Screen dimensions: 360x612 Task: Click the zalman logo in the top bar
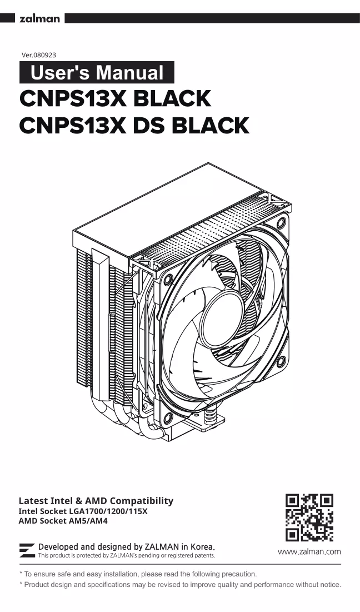click(x=40, y=18)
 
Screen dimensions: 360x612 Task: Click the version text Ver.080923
click(x=39, y=55)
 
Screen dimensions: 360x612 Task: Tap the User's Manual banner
click(x=97, y=73)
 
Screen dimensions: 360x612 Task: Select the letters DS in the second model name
click(x=148, y=125)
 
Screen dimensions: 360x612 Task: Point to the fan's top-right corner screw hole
click(x=281, y=223)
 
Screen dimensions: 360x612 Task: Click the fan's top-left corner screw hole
click(x=168, y=280)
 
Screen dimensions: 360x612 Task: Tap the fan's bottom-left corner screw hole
click(x=168, y=418)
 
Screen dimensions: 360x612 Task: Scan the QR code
click(x=309, y=518)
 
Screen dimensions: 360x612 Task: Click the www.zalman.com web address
click(x=309, y=551)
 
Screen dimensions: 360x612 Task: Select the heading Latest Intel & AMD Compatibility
click(x=96, y=501)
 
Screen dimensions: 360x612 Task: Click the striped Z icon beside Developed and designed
click(x=27, y=550)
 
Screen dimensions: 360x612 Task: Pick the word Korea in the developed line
click(x=202, y=546)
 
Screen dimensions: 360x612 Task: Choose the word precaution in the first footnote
click(x=239, y=574)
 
